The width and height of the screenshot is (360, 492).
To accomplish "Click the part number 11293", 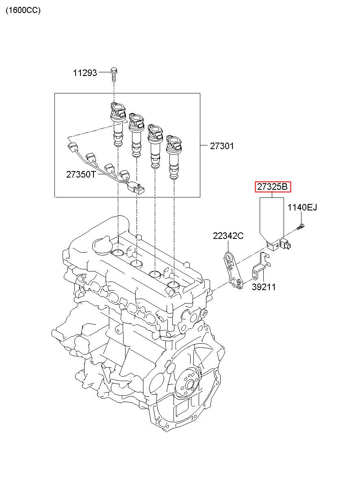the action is (85, 73).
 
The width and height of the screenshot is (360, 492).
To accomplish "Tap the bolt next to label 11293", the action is (114, 75).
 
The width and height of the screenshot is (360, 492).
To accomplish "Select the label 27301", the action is (222, 146).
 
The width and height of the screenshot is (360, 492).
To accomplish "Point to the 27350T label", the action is (81, 174).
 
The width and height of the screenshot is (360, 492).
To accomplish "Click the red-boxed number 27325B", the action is (273, 187).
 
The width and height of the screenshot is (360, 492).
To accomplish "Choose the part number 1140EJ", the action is (302, 207).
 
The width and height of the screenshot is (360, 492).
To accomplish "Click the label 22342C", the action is (228, 236).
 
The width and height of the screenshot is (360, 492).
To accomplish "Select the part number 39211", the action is (264, 287).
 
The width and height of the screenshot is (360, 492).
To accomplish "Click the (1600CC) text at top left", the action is (23, 10).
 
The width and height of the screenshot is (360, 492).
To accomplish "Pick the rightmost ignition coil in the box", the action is (174, 157).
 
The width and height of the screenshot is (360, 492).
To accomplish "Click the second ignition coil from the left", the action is (137, 135).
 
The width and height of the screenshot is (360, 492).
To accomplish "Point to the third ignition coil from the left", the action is (155, 146).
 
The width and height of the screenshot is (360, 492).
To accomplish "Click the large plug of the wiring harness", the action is (137, 188).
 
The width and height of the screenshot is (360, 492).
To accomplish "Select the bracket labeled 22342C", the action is (233, 271).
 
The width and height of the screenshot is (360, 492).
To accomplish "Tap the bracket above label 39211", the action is (261, 266).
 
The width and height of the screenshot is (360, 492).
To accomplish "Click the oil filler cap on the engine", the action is (102, 245).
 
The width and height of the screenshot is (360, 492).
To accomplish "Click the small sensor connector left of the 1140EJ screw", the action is (285, 244).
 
